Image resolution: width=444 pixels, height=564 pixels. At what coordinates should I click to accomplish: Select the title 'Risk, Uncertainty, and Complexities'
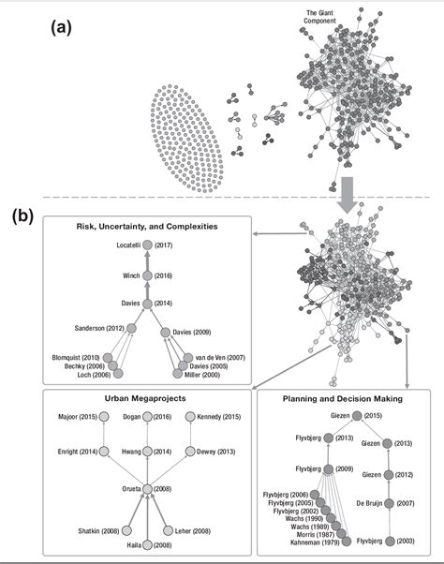(x=147, y=227)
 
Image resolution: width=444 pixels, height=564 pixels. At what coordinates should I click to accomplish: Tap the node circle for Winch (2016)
(x=146, y=276)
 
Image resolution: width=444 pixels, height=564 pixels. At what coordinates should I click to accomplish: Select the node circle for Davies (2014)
(x=146, y=304)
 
